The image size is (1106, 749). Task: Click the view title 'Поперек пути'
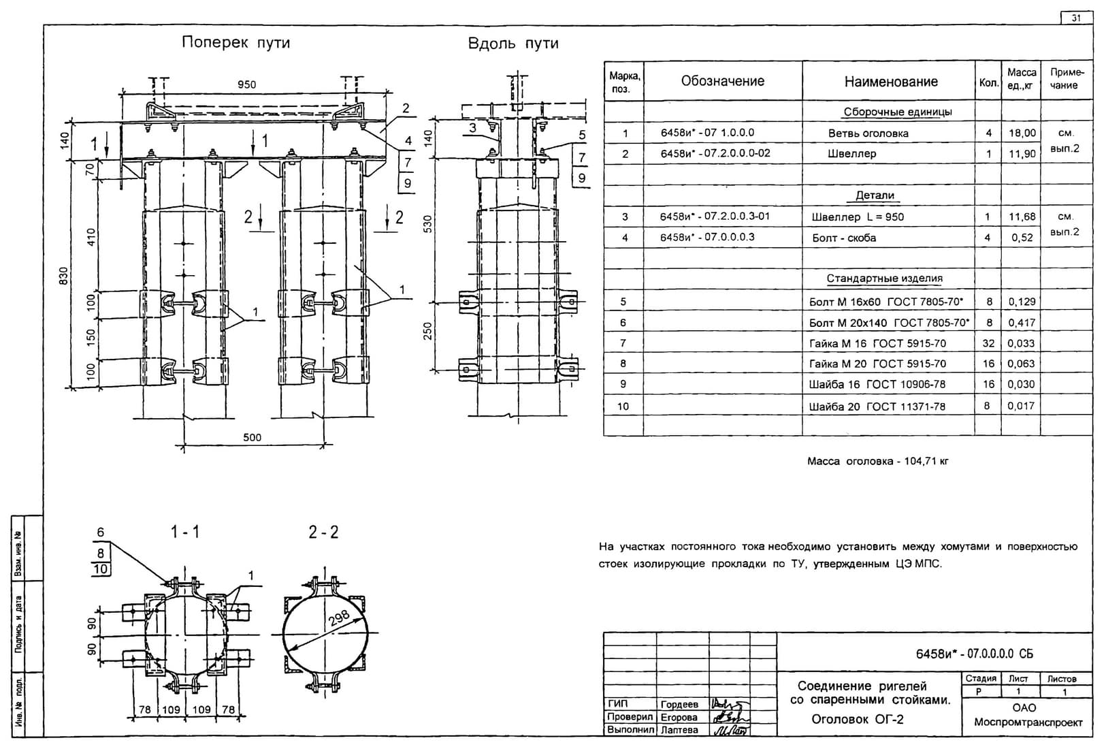(236, 42)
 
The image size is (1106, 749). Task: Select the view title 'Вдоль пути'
(513, 44)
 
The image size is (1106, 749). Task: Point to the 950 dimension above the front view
(246, 84)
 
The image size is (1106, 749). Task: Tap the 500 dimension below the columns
(253, 436)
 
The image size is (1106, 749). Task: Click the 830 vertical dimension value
(64, 276)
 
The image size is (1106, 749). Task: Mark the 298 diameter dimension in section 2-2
(339, 617)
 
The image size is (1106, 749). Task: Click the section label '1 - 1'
(185, 532)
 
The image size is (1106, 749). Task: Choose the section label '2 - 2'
(323, 532)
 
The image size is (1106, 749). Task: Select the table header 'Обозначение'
(722, 81)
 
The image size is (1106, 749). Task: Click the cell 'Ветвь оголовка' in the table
(868, 133)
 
